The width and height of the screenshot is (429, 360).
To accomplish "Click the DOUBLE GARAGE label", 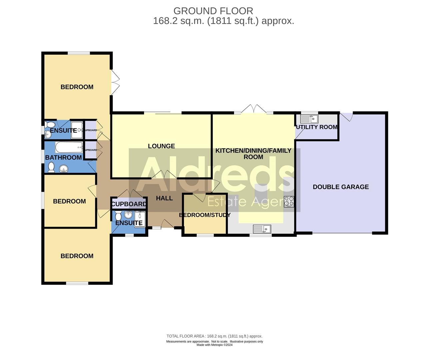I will (341, 187).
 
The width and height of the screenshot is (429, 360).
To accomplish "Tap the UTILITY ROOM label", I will (317, 127).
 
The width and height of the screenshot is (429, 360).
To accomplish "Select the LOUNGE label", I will (161, 146).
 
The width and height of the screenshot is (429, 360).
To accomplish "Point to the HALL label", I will (164, 198).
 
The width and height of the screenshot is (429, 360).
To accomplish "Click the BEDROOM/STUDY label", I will (205, 215).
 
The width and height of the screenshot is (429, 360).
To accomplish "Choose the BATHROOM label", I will (63, 157).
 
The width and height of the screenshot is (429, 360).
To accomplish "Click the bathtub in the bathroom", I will (69, 146).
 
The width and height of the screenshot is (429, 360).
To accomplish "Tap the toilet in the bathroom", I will (51, 168).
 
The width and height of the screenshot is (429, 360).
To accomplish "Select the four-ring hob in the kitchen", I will (289, 202).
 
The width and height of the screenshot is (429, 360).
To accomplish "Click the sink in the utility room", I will (309, 119).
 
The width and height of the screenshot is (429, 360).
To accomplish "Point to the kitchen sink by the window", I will (262, 229).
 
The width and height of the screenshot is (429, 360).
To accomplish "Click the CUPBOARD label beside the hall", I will (129, 204).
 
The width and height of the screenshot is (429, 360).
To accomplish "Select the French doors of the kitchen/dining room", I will (254, 109).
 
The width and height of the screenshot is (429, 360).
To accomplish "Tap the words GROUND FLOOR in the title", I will (213, 11).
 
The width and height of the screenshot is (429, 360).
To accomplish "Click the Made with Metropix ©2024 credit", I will (214, 345).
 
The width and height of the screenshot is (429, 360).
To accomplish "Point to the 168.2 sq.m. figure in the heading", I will (179, 21).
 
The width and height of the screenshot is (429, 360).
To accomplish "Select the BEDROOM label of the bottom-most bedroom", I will (77, 256).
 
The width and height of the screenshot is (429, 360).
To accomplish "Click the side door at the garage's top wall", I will (346, 117).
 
